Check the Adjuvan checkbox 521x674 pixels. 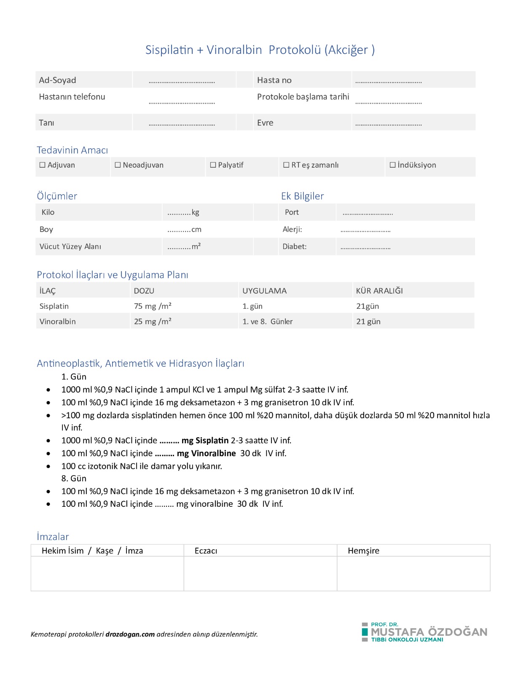(x=43, y=165)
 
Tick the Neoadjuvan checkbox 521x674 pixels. (x=118, y=165)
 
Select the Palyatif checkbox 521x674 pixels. (x=213, y=165)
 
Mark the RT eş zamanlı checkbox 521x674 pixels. (x=286, y=165)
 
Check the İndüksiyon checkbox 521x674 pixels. (x=392, y=165)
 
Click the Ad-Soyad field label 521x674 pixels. (x=57, y=80)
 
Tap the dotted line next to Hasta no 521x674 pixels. (x=388, y=81)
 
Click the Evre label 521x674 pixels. (x=265, y=123)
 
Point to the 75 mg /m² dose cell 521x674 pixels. (x=153, y=306)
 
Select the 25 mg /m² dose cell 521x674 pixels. (x=153, y=321)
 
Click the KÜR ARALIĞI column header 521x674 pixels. (x=379, y=291)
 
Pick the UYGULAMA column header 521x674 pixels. (x=264, y=291)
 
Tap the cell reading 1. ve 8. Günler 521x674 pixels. (x=267, y=321)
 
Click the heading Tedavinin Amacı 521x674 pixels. (x=72, y=150)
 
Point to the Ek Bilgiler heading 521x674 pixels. (x=302, y=196)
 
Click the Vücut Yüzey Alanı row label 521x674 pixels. (x=70, y=246)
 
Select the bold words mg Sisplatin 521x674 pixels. (x=205, y=440)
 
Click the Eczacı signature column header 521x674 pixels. (x=206, y=551)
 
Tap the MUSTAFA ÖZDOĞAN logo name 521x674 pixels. (x=429, y=632)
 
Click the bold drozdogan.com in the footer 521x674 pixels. (x=130, y=634)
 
